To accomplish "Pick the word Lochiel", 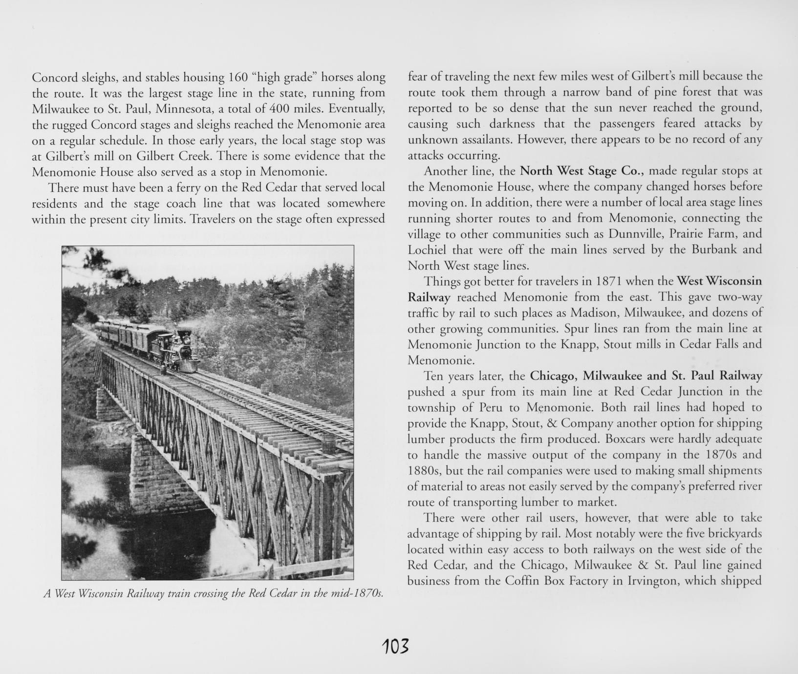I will [x=428, y=250].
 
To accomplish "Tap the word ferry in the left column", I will [x=185, y=188].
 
